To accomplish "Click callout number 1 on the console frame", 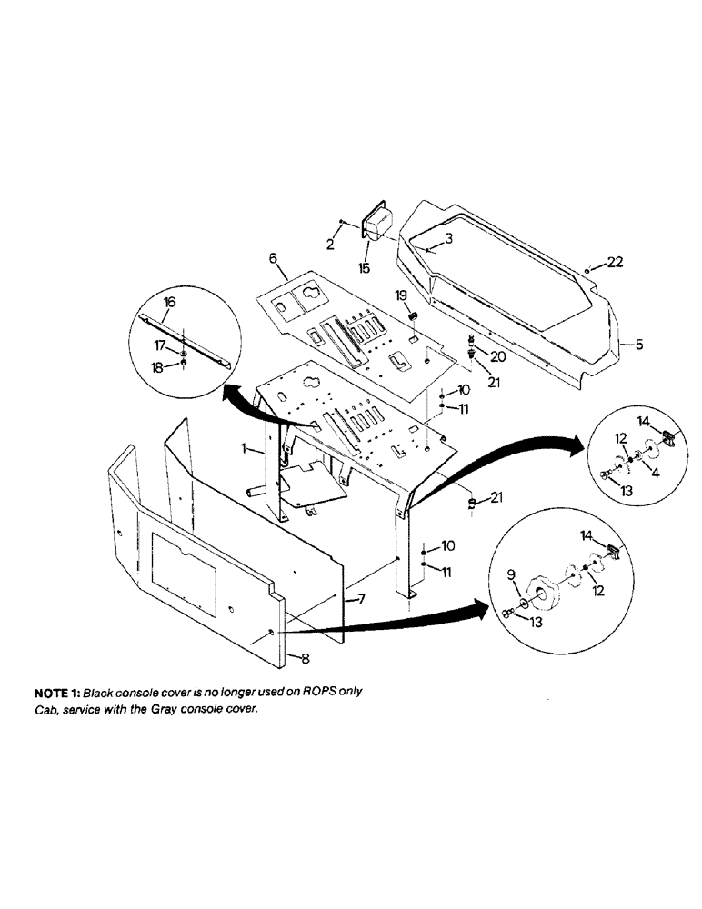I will click(245, 448).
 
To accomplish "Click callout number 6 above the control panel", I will click(272, 258).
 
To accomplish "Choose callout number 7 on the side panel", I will click(360, 601).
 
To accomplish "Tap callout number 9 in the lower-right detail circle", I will click(511, 574).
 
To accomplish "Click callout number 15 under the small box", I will click(364, 268).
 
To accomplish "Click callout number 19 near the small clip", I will click(400, 295).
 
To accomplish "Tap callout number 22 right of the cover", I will click(615, 262).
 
